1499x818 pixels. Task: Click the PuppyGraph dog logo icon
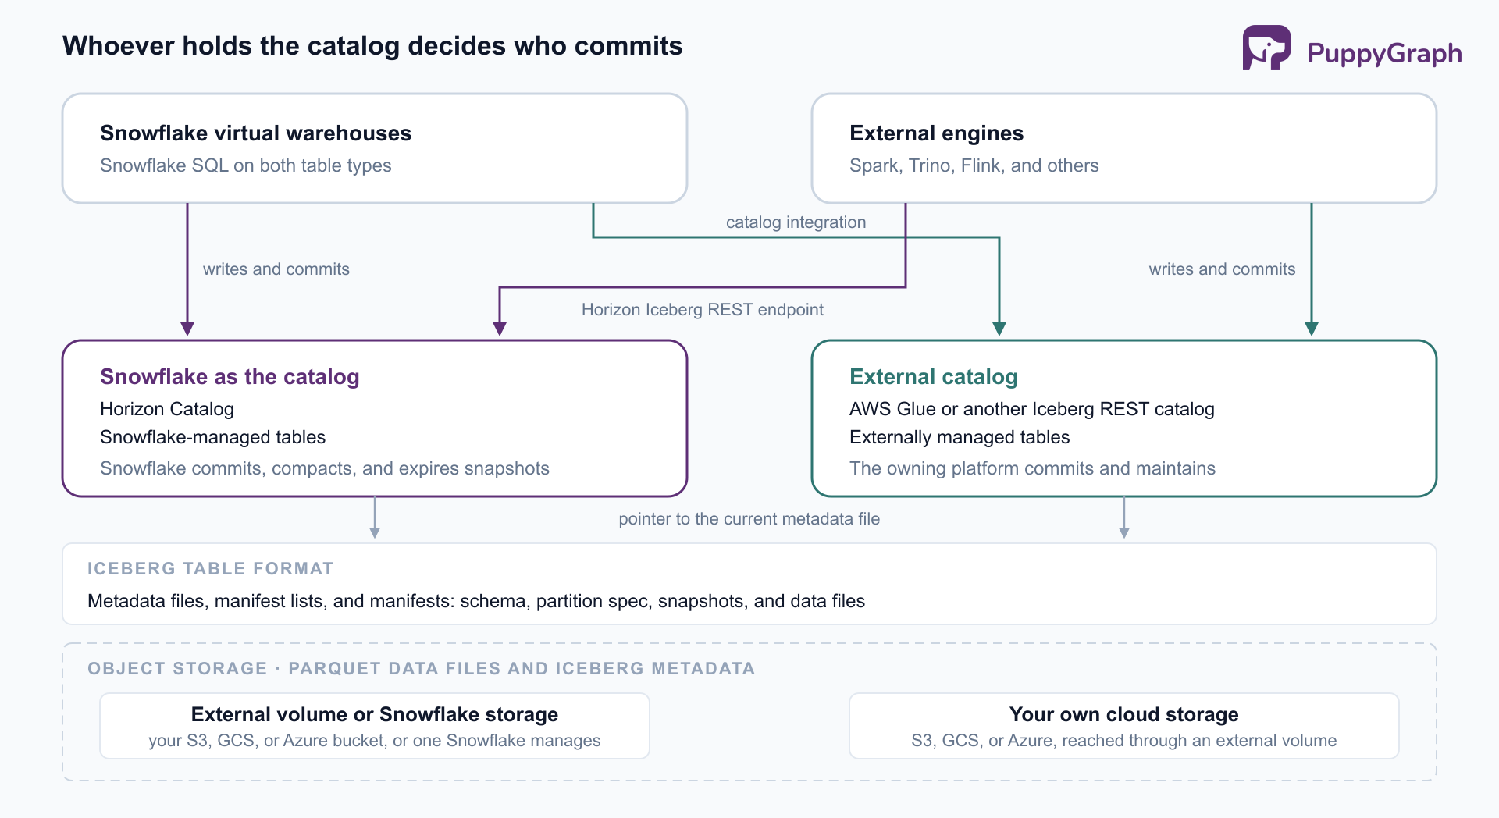[1266, 48]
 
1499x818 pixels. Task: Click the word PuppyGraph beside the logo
[1384, 53]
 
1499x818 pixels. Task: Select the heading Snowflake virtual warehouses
[255, 133]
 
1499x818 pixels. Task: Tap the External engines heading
[936, 133]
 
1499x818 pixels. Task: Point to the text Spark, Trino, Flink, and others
[974, 165]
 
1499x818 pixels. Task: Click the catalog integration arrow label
[796, 222]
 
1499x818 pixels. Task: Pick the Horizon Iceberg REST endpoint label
[702, 310]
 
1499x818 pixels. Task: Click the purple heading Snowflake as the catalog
[230, 377]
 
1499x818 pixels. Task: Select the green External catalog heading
[934, 377]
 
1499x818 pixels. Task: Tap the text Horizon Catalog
[167, 409]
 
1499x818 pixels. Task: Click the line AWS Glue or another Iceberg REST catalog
[1031, 409]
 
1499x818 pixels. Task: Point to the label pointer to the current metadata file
[749, 519]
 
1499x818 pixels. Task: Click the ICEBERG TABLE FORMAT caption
[211, 569]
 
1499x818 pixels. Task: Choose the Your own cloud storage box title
[1123, 714]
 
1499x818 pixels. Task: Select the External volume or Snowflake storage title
[375, 714]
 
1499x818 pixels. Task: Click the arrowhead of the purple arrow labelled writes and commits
[187, 329]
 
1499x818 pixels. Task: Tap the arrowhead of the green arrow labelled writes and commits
[1312, 329]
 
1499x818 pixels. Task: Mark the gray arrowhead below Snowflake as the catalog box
[375, 533]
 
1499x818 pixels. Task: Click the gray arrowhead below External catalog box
[1124, 533]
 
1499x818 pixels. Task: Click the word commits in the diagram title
[628, 46]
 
